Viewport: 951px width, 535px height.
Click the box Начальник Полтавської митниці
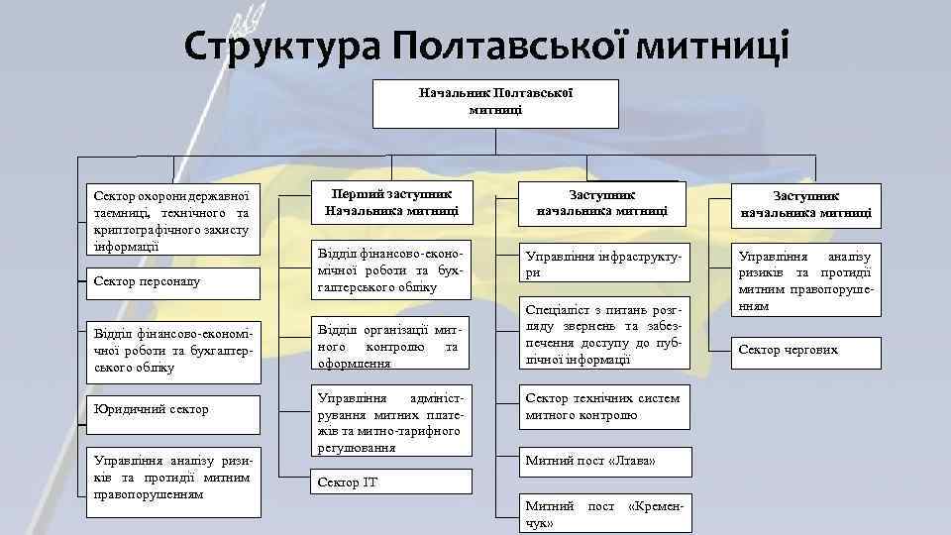495,102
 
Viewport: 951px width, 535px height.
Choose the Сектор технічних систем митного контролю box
602,407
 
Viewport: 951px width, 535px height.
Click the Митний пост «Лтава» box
602,462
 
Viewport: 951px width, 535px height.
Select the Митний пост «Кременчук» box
602,513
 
